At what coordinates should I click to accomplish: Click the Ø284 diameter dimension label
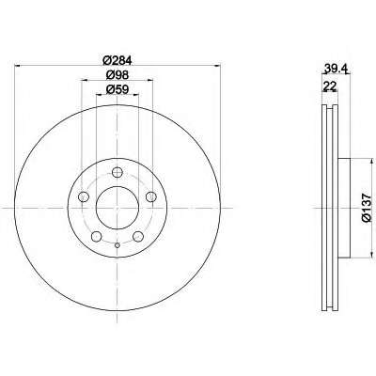tap(117, 59)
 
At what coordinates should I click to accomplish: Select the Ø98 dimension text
tap(117, 74)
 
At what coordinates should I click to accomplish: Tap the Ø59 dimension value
tap(117, 89)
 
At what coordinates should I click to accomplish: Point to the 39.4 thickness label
tap(335, 68)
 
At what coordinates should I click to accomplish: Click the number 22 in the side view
tap(329, 86)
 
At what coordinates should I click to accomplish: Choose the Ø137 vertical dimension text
tap(366, 208)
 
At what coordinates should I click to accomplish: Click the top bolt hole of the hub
tap(117, 172)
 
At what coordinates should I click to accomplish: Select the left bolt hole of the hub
tap(83, 196)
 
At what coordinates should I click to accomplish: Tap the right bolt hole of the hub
tap(151, 196)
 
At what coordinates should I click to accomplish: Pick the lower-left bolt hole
tap(96, 237)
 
